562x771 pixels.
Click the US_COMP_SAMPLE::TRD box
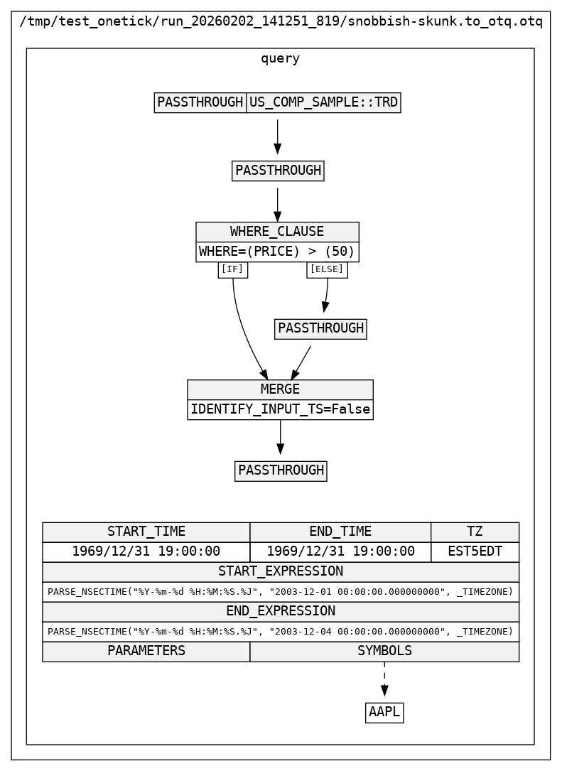(x=323, y=102)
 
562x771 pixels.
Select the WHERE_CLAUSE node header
(x=277, y=232)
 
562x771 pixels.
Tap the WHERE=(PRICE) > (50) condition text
(x=277, y=252)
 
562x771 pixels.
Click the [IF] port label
(x=232, y=269)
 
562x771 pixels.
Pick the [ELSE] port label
(x=327, y=269)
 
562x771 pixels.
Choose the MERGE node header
(x=280, y=389)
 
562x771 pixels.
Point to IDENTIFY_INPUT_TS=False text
(x=280, y=409)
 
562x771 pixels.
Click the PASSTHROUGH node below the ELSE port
(x=320, y=328)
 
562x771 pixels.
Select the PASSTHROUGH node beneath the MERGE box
(x=281, y=470)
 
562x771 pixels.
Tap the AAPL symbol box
(x=384, y=712)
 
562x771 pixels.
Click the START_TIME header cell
(x=146, y=532)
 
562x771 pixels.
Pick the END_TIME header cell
(x=340, y=532)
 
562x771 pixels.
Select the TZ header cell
(x=475, y=532)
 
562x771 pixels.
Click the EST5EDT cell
(x=475, y=551)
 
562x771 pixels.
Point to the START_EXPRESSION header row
(x=280, y=571)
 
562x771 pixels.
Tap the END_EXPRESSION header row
(x=280, y=611)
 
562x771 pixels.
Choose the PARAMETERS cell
(x=146, y=651)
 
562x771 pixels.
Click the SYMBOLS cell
(x=384, y=651)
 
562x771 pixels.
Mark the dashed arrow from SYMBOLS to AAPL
(x=384, y=678)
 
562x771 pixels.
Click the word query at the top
(x=280, y=59)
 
